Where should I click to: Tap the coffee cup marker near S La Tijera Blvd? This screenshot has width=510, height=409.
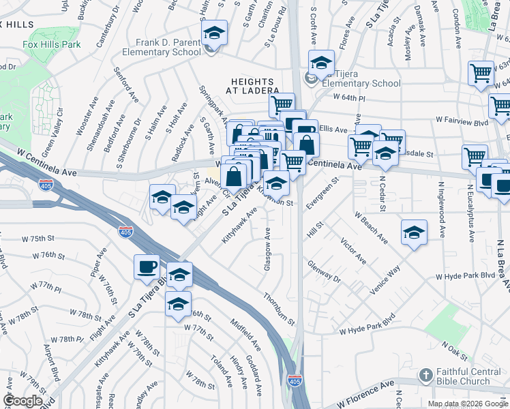click(x=147, y=267)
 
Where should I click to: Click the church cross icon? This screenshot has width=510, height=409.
click(x=425, y=376)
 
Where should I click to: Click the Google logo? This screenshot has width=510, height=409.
click(x=22, y=401)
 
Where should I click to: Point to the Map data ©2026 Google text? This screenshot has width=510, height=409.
click(x=467, y=404)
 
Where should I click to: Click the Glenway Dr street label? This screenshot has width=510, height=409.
click(x=324, y=271)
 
